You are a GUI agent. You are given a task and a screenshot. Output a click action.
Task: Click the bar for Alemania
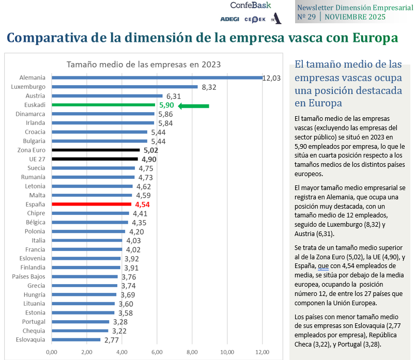(157, 78)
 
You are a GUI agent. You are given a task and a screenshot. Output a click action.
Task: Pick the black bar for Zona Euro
(96, 150)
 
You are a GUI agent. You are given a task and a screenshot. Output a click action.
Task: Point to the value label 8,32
(209, 87)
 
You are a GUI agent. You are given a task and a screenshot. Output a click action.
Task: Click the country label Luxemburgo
(28, 87)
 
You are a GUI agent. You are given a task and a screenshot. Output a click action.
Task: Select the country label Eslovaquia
(29, 340)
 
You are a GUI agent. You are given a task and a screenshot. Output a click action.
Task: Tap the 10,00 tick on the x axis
(227, 352)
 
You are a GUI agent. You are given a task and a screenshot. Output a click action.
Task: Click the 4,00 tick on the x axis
(121, 352)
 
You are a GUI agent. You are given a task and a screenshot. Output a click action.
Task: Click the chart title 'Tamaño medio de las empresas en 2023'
(143, 65)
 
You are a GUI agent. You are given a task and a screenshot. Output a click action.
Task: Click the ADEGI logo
(229, 19)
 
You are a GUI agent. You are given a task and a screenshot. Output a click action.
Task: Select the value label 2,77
(112, 340)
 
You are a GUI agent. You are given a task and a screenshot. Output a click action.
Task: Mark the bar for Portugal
(80, 322)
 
